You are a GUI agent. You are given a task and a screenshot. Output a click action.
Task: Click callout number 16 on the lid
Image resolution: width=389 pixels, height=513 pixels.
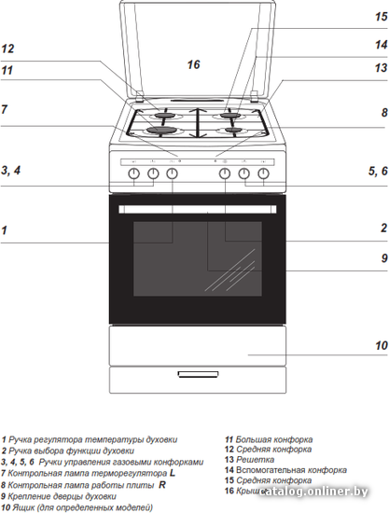[x=193, y=64]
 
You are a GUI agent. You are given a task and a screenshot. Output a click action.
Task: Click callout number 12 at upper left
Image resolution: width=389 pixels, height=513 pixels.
[x=7, y=49]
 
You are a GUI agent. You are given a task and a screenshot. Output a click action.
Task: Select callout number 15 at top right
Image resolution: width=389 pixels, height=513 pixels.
[x=382, y=17]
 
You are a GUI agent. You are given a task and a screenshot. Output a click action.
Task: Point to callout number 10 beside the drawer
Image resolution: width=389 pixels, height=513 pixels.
[x=382, y=345]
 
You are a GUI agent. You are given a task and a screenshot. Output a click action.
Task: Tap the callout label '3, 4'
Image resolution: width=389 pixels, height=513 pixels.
[x=11, y=170]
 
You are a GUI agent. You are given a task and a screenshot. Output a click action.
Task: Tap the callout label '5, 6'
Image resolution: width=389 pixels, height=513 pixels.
[x=378, y=171]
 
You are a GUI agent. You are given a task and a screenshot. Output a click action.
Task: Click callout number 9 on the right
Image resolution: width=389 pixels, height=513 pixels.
[x=384, y=258]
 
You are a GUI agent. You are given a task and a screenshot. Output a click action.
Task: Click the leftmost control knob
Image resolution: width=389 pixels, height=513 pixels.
[x=133, y=173]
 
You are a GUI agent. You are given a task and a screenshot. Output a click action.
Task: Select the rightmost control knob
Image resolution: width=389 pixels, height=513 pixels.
[x=263, y=173]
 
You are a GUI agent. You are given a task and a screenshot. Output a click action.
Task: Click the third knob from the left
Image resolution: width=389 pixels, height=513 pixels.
[x=172, y=173]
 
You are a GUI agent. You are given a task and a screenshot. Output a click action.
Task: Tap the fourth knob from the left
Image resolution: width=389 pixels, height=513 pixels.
[x=225, y=173]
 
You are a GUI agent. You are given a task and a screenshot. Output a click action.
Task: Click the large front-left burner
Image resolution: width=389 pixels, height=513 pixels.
[x=159, y=130]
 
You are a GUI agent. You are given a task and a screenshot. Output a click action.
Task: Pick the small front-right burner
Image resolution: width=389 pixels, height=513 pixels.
[x=234, y=130]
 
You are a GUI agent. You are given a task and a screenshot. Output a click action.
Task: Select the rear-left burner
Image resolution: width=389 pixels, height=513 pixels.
[x=165, y=115]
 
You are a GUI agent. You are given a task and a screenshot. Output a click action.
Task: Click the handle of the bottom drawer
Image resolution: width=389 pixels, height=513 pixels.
[x=198, y=374]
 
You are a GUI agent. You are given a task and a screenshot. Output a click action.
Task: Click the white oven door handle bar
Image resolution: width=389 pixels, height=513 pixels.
[x=198, y=209]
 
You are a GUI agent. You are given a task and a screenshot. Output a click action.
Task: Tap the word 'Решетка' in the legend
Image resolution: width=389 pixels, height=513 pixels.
[x=256, y=460]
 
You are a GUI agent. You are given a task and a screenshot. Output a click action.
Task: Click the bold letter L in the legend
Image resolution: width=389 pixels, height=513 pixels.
[x=173, y=473]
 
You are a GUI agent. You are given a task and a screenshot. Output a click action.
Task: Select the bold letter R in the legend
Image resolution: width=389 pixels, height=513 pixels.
[x=162, y=484]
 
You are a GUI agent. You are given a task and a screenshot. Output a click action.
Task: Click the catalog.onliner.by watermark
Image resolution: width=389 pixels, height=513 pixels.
[x=313, y=492]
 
